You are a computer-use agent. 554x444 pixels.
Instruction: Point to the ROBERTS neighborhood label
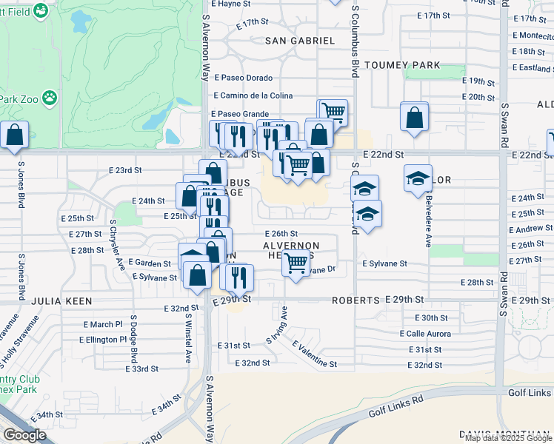[356, 300]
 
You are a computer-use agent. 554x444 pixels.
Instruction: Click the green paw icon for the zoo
[50, 97]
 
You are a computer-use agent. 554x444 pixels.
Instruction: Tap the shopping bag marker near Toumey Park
[414, 117]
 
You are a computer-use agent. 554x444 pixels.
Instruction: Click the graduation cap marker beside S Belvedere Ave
[418, 178]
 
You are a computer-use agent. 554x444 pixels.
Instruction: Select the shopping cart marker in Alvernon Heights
[296, 263]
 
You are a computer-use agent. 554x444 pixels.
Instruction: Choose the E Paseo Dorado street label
[244, 78]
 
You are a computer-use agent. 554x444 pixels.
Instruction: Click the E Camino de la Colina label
[253, 95]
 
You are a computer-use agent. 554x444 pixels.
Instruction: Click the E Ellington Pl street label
[103, 340]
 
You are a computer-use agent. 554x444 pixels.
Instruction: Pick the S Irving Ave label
[276, 330]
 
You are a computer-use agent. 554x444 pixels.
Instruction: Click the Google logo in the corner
[24, 435]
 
